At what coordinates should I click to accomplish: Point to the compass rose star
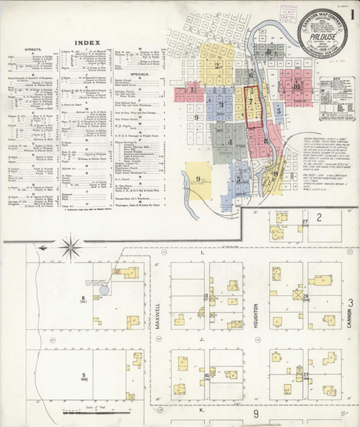pos(70,248)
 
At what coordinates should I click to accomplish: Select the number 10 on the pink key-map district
pos(295,86)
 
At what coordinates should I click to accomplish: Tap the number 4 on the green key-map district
pos(230,142)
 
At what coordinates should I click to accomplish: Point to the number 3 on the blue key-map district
pos(221,105)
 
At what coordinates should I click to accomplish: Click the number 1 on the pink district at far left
pos(192,90)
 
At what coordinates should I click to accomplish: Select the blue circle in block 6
pos(104,289)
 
